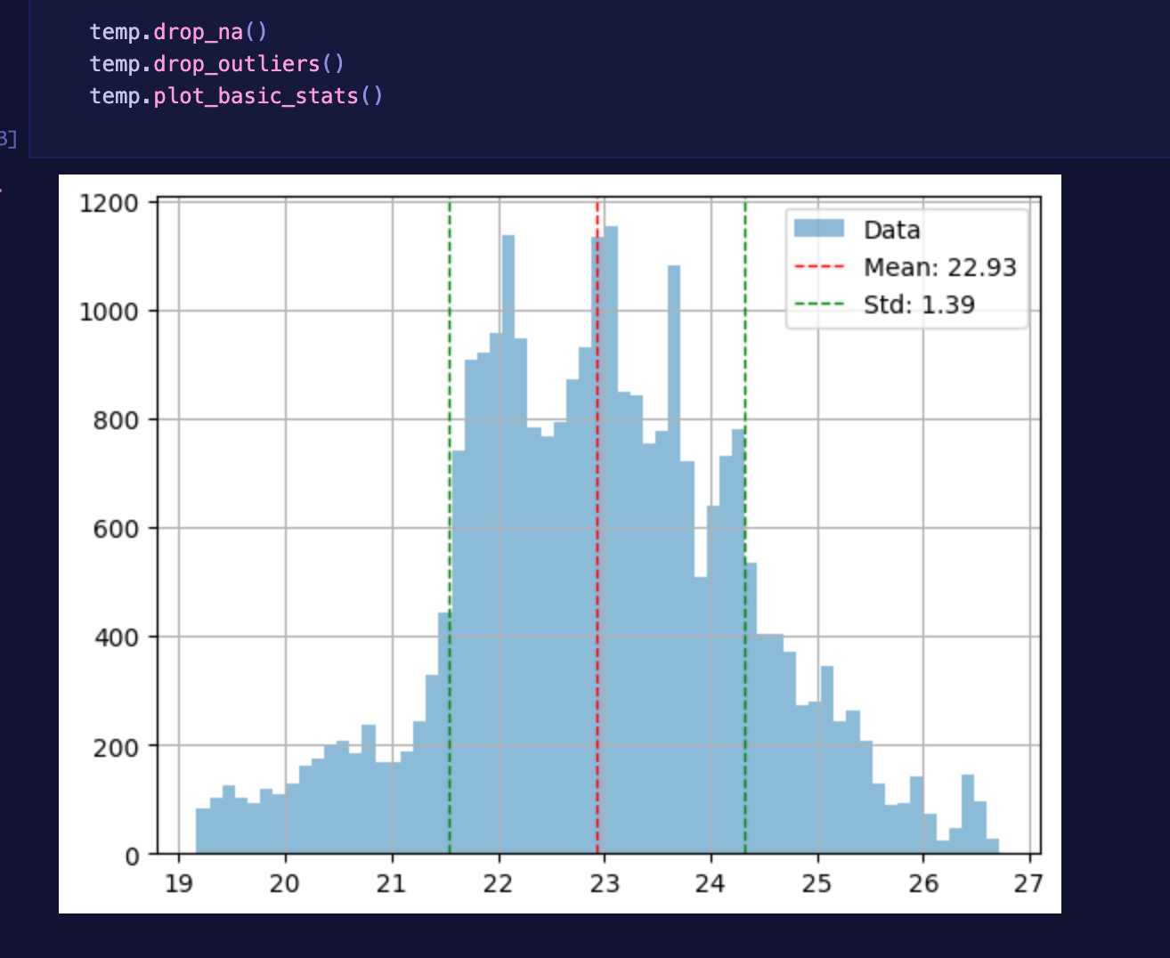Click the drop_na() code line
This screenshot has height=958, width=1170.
pyautogui.click(x=178, y=32)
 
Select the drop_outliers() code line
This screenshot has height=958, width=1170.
pyautogui.click(x=216, y=64)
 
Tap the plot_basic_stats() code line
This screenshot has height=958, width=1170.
pyautogui.click(x=236, y=96)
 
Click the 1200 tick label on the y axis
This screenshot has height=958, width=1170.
pyautogui.click(x=110, y=204)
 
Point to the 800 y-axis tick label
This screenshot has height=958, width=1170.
pyautogui.click(x=117, y=421)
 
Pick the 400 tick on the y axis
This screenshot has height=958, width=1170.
pyautogui.click(x=117, y=638)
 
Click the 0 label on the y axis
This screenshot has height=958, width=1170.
pyautogui.click(x=132, y=856)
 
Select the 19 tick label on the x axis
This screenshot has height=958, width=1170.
pyautogui.click(x=179, y=883)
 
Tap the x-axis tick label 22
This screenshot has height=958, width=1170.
pyautogui.click(x=499, y=883)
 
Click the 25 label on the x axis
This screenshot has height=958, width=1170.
pyautogui.click(x=817, y=883)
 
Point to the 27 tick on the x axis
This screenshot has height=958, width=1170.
pyautogui.click(x=1028, y=883)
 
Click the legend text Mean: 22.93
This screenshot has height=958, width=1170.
pyautogui.click(x=939, y=267)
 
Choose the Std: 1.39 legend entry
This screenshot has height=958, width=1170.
pyautogui.click(x=919, y=304)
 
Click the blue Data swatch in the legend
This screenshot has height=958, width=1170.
pyautogui.click(x=819, y=229)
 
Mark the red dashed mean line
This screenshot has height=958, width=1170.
pyautogui.click(x=597, y=534)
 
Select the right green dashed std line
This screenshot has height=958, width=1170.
pyautogui.click(x=745, y=356)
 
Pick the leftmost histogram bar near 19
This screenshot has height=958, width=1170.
pyautogui.click(x=202, y=832)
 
